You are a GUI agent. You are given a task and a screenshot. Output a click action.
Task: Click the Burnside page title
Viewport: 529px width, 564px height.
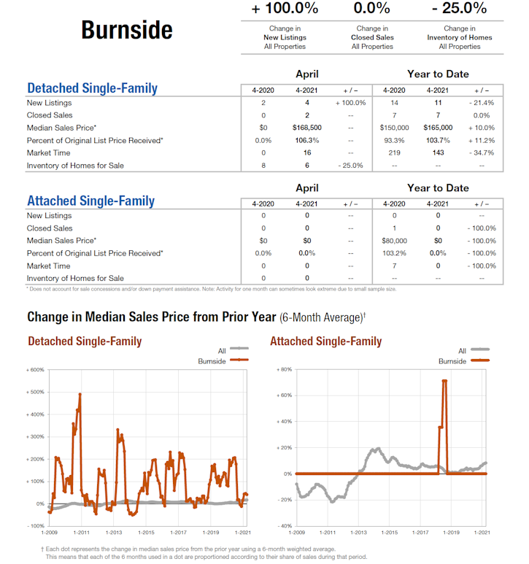tap(127, 30)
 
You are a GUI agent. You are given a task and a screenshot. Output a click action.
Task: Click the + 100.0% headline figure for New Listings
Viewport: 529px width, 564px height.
tap(285, 9)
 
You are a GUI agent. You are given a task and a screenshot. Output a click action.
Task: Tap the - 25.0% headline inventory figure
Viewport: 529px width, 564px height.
tap(459, 9)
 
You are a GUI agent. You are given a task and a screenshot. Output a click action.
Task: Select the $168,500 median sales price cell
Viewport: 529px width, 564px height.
tap(306, 128)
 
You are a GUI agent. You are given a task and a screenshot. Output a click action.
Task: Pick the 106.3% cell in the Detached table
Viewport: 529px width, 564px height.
tap(306, 140)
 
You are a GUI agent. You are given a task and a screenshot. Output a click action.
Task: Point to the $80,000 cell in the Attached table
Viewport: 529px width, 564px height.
tap(394, 240)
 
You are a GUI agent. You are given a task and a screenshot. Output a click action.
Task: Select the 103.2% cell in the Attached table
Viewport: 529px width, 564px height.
tap(394, 252)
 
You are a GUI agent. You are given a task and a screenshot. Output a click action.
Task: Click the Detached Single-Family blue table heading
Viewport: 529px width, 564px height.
tap(92, 88)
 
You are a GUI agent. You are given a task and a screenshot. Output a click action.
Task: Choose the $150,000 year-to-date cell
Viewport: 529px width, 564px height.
tap(394, 128)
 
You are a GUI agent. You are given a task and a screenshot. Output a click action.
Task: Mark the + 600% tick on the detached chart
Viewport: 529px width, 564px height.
tap(34, 370)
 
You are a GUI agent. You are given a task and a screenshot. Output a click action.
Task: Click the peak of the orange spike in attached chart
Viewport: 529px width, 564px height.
tap(444, 381)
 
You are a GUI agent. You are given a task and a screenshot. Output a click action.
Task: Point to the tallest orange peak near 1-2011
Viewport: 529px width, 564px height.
tap(80, 395)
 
